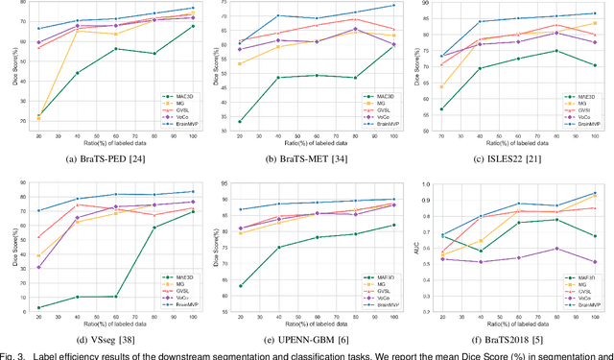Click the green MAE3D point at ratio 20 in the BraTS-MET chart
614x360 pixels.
239,122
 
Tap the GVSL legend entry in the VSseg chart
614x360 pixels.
173,291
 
